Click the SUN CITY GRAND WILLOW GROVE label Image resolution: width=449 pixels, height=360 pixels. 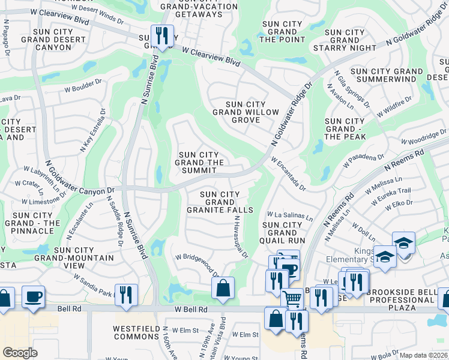click(x=237, y=112)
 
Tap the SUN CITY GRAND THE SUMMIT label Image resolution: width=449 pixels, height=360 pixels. click(x=200, y=163)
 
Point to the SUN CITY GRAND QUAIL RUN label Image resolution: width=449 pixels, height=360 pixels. click(x=284, y=232)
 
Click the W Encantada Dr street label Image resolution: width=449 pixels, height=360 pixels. click(x=289, y=174)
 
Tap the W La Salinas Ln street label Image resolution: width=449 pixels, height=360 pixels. click(x=290, y=214)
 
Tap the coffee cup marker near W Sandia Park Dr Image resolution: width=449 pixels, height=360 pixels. click(x=33, y=296)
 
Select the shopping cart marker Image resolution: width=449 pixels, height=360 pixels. click(x=292, y=297)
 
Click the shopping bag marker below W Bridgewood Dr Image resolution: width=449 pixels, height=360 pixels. click(x=223, y=287)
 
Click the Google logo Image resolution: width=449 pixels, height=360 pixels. click(x=20, y=353)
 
